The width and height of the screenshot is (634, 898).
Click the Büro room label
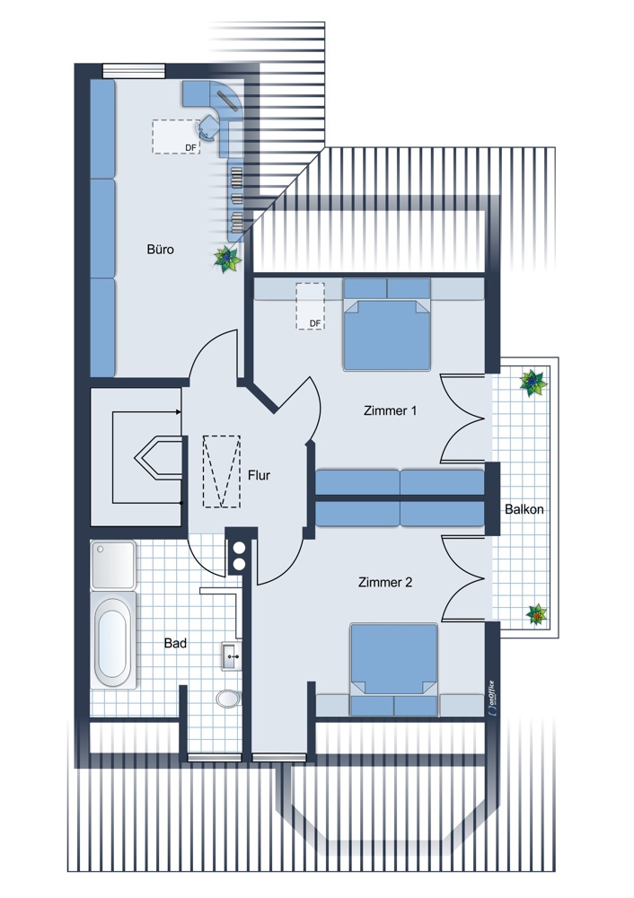point(161,249)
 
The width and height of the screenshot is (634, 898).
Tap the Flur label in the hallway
point(259,475)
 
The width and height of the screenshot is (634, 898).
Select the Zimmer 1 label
point(390,410)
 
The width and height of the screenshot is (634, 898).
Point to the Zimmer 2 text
point(385,583)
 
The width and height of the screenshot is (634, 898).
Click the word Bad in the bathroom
point(175,643)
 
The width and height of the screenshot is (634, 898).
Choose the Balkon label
point(524,509)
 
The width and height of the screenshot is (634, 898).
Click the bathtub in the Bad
point(113,639)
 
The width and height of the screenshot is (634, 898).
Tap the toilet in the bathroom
point(228,699)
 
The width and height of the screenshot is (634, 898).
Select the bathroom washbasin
point(232,656)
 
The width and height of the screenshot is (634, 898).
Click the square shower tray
point(113,564)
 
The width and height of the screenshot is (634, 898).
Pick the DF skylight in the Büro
point(176,136)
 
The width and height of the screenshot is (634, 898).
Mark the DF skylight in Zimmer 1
point(310,306)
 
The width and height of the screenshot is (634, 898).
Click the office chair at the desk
point(208,128)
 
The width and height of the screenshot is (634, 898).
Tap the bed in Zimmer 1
point(386,325)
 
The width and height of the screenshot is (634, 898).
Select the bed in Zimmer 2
point(394,670)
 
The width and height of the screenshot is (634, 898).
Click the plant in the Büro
point(228,260)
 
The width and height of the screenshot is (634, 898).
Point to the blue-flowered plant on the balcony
point(533,383)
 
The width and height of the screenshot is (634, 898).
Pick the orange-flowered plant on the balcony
point(537,614)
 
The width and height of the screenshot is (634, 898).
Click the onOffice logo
point(492,698)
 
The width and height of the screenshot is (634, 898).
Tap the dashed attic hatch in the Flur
point(222,471)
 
